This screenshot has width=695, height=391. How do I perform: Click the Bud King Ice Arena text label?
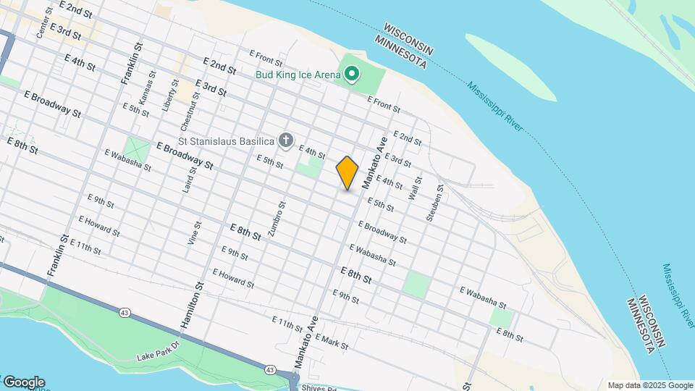297,75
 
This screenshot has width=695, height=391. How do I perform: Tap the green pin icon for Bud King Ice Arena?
353,74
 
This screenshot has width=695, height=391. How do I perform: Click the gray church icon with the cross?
287,140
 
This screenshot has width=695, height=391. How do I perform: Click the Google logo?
24,382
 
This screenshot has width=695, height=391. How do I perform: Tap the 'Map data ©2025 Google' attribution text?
650,385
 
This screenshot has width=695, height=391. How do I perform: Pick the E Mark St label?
332,342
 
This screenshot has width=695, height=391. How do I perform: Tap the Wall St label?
414,189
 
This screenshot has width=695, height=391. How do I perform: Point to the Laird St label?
193,180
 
